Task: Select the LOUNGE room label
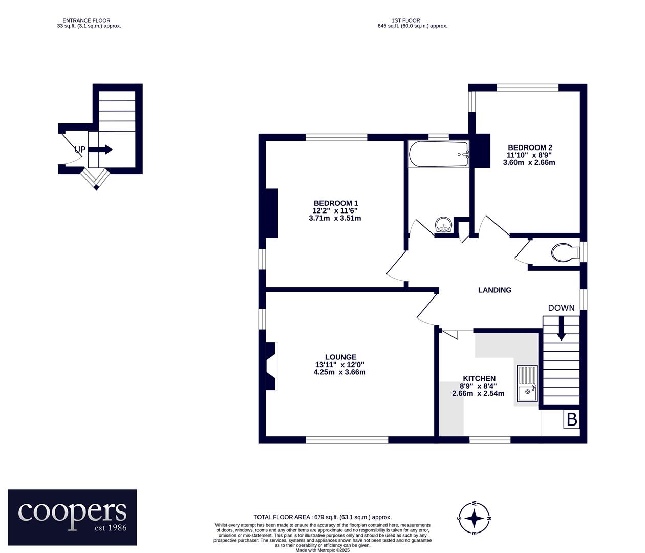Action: [x=340, y=357]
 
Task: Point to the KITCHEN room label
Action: [x=479, y=378]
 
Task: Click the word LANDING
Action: [x=494, y=290]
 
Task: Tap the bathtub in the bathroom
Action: [x=439, y=154]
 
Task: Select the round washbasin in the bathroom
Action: [x=443, y=224]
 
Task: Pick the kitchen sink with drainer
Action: [x=527, y=384]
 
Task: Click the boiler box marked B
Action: [x=572, y=420]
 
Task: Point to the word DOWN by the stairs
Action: [x=561, y=308]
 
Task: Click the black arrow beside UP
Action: [x=100, y=150]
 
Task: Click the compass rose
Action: [x=475, y=518]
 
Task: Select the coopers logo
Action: [x=72, y=517]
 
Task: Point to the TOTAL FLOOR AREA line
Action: [x=322, y=517]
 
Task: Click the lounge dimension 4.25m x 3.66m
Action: [x=339, y=372]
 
